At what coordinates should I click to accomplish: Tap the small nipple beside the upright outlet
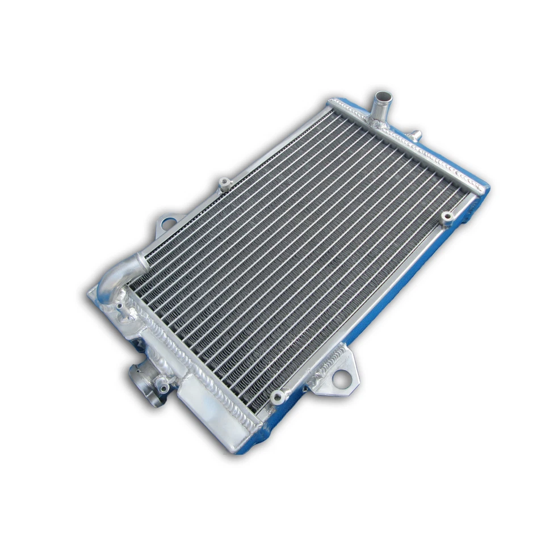click(x=416, y=135)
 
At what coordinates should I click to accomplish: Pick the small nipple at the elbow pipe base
click(x=120, y=307)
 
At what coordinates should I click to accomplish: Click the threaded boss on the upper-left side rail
click(x=225, y=183)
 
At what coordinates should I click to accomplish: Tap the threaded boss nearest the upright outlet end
click(x=447, y=216)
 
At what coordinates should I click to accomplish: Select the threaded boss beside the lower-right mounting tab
click(x=277, y=396)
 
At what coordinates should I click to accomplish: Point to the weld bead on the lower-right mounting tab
click(x=329, y=363)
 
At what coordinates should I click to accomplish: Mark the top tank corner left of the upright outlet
click(x=332, y=103)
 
